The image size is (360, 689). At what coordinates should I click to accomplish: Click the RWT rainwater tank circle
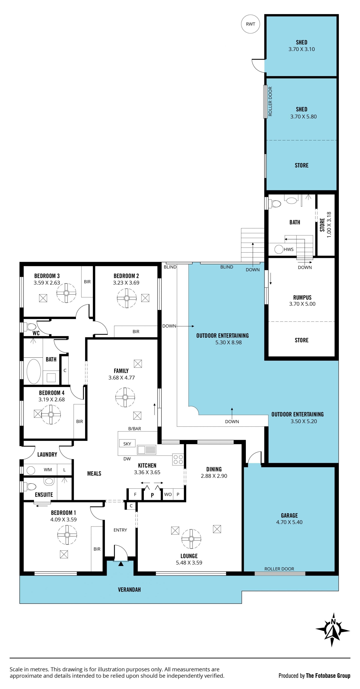(250, 24)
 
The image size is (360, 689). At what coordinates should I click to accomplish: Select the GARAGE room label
(289, 515)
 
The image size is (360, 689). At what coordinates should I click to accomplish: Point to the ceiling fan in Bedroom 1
(67, 535)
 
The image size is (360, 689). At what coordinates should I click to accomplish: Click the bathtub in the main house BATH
(34, 371)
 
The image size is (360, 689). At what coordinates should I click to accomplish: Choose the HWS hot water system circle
(279, 249)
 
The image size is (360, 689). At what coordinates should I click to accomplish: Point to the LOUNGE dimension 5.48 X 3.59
(189, 562)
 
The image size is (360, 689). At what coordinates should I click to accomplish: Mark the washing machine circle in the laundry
(31, 470)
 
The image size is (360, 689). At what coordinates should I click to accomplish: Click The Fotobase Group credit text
(328, 676)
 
